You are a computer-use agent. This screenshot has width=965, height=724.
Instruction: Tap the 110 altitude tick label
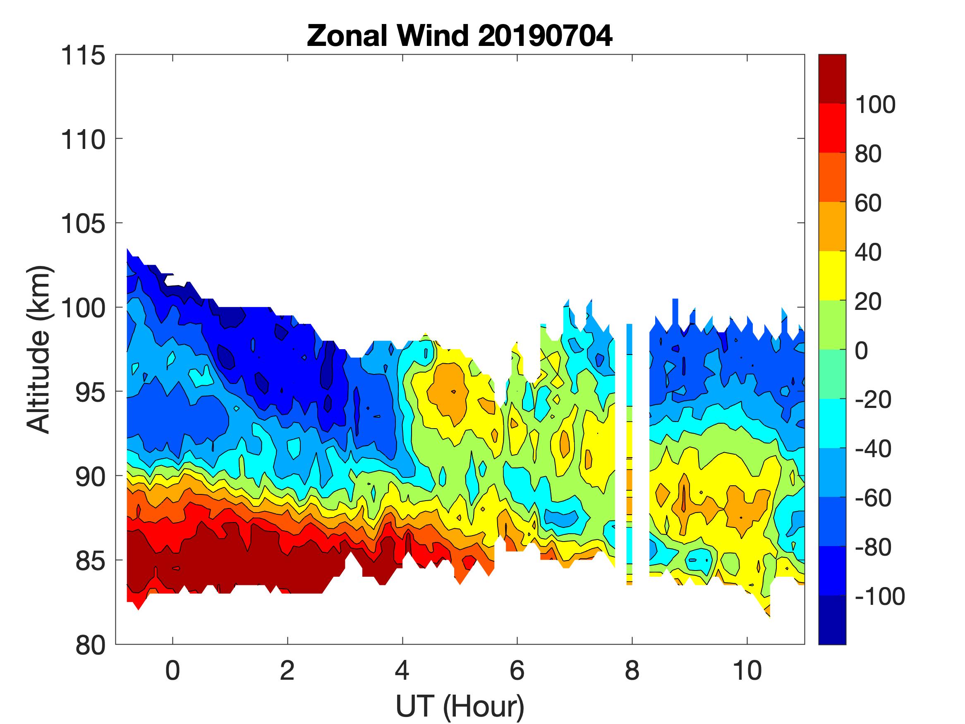tap(83, 140)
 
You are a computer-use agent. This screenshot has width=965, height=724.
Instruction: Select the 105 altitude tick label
tap(83, 224)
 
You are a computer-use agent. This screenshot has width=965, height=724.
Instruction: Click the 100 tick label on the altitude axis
tap(83, 309)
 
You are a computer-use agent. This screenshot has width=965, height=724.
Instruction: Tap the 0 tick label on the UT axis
tap(173, 670)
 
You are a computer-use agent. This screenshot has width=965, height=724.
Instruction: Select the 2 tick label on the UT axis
tap(287, 670)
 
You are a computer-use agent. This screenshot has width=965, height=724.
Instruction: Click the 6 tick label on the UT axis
tap(517, 670)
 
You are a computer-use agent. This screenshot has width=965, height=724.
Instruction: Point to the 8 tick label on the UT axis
tap(632, 670)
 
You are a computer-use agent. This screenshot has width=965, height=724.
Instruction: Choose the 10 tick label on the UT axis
tap(747, 670)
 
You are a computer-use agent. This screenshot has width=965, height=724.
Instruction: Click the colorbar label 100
tap(875, 105)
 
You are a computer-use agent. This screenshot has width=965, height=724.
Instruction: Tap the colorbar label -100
tap(879, 596)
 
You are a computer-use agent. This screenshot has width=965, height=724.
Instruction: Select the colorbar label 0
tap(862, 350)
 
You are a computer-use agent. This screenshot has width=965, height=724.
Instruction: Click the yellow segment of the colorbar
tap(832, 276)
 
